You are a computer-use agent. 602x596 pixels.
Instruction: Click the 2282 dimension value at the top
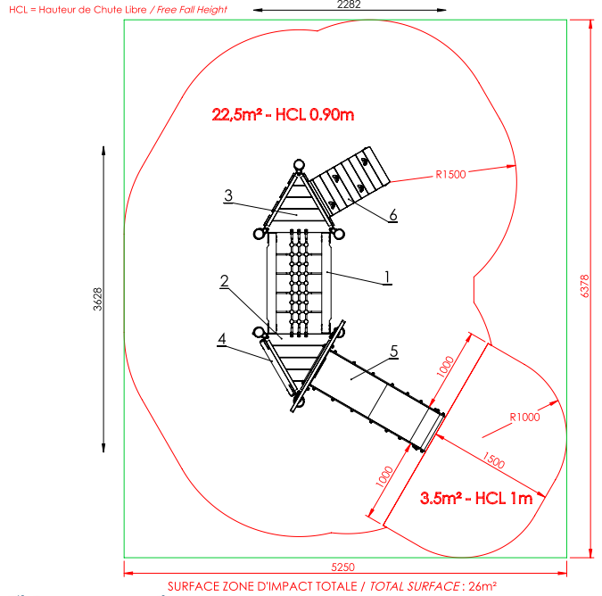pyautogui.click(x=349, y=4)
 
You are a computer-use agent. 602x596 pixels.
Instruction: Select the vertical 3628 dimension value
pyautogui.click(x=98, y=299)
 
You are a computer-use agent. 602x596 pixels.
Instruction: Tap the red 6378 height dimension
pyautogui.click(x=584, y=286)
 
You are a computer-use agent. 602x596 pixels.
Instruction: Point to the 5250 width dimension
pyautogui.click(x=342, y=567)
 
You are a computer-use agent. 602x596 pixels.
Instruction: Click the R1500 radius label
pyautogui.click(x=450, y=175)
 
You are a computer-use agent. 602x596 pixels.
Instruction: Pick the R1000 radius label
pyautogui.click(x=524, y=417)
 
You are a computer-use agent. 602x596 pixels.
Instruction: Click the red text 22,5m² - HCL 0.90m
pyautogui.click(x=283, y=115)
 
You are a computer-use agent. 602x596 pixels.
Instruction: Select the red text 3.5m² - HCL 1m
pyautogui.click(x=476, y=498)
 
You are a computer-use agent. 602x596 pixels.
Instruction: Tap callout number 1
pyautogui.click(x=387, y=277)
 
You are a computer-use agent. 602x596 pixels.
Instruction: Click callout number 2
pyautogui.click(x=225, y=281)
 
